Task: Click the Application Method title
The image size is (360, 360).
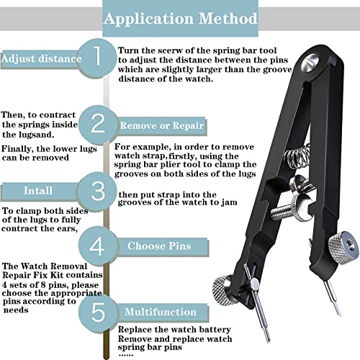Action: pos(181,19)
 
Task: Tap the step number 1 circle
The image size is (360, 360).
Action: pos(97,58)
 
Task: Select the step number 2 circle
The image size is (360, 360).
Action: pos(98,125)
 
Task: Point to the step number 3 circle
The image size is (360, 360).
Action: pos(97,192)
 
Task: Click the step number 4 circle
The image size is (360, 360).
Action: pos(97,246)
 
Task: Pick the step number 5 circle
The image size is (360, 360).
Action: pos(98,312)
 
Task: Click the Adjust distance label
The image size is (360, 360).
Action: pos(41,59)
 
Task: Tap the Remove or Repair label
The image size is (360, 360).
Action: pos(162,125)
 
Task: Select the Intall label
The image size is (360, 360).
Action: pos(38,191)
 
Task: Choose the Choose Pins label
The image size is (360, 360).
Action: pos(159,246)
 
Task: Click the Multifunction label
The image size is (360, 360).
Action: pos(161,312)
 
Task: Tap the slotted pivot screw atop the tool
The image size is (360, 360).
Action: pos(310,61)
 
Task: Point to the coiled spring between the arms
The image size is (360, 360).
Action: pos(297,157)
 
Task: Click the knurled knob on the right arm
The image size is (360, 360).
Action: pos(343,247)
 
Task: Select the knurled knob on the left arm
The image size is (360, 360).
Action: pos(222,290)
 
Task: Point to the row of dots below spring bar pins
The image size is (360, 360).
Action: pos(126,355)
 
